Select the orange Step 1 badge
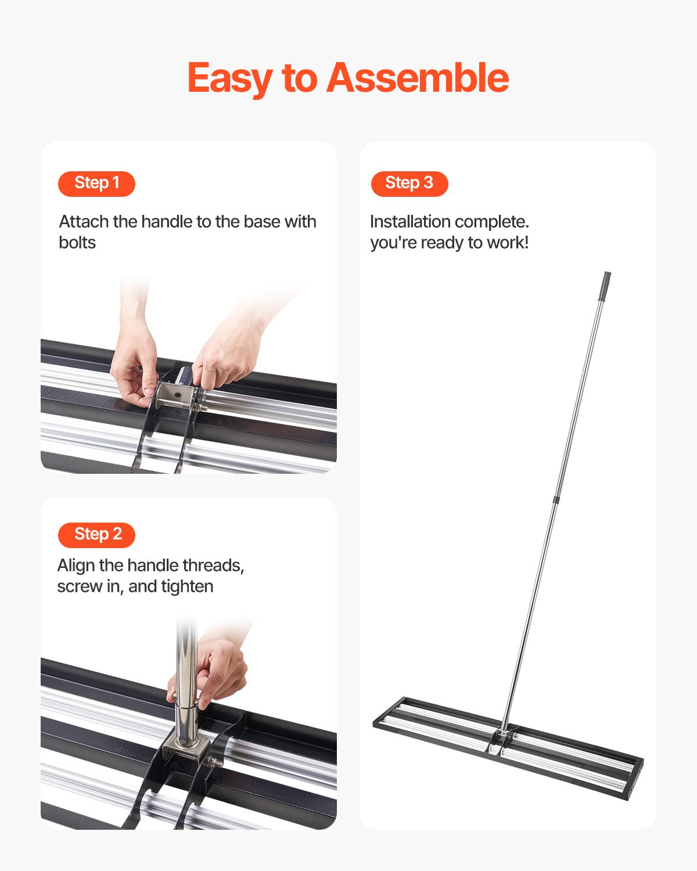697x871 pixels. [96, 183]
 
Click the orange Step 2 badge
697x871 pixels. [96, 534]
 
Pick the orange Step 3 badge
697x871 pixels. [409, 183]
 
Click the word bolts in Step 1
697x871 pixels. [77, 243]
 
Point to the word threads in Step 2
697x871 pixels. [213, 566]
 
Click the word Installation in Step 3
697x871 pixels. [410, 222]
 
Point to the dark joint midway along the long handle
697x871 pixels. [556, 499]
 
